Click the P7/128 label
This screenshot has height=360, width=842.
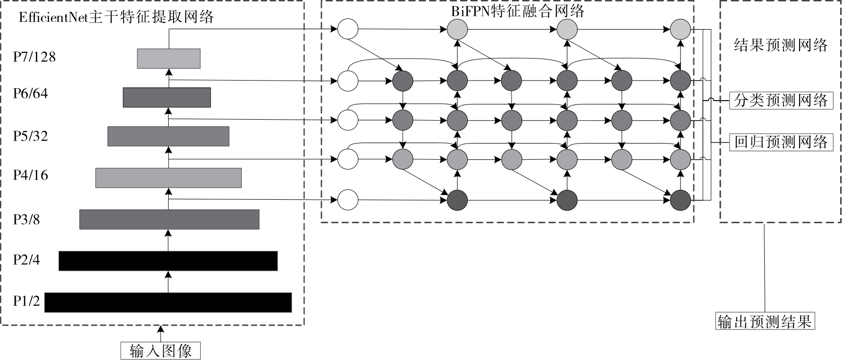(x=34, y=57)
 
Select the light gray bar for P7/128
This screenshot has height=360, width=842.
(x=168, y=58)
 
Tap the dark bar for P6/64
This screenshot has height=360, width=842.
(x=166, y=97)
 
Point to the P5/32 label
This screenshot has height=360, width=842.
(x=31, y=136)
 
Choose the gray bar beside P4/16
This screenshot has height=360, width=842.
(x=168, y=178)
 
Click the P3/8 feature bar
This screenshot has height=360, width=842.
(x=169, y=219)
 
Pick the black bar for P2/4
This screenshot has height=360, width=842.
(x=168, y=261)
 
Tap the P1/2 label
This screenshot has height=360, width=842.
(x=27, y=301)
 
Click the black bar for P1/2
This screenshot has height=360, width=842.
(x=168, y=302)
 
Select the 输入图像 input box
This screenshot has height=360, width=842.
(x=160, y=351)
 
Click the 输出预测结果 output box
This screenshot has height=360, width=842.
(x=765, y=321)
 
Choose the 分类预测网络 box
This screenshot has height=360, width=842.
(x=781, y=101)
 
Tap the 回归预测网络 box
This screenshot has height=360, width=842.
(x=781, y=142)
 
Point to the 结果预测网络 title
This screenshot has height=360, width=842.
(x=780, y=45)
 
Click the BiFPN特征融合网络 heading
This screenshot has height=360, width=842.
(x=518, y=11)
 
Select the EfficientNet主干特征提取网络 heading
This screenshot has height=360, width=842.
(x=116, y=18)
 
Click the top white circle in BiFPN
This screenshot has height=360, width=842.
(x=348, y=29)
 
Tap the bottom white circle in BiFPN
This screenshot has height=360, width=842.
(x=348, y=200)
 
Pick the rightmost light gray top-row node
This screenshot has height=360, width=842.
(x=680, y=30)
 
